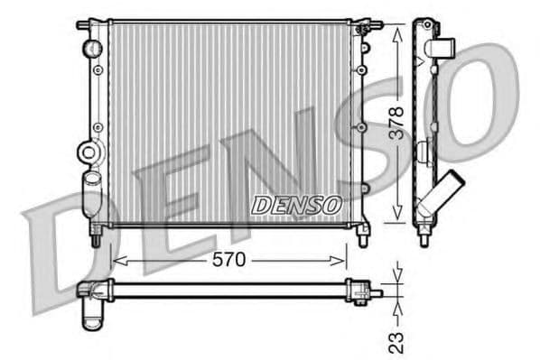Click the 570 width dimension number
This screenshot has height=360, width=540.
pos(228,260)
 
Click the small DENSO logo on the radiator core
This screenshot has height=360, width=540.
pos(295,206)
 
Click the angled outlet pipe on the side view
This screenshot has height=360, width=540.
pos(447,192)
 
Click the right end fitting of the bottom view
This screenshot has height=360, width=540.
pos(365,291)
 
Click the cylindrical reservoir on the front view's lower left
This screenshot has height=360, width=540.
pos(90,194)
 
